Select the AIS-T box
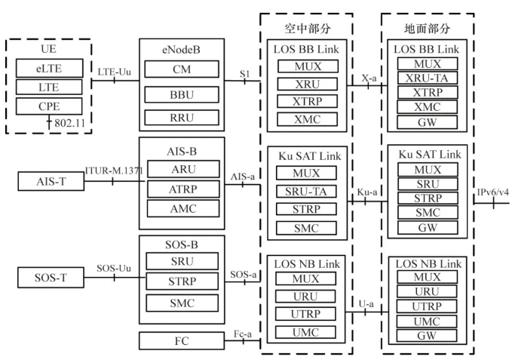(x=50, y=182)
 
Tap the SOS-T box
(x=50, y=276)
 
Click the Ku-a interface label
(x=367, y=193)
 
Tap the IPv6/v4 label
(x=492, y=193)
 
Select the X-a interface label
(x=369, y=78)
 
